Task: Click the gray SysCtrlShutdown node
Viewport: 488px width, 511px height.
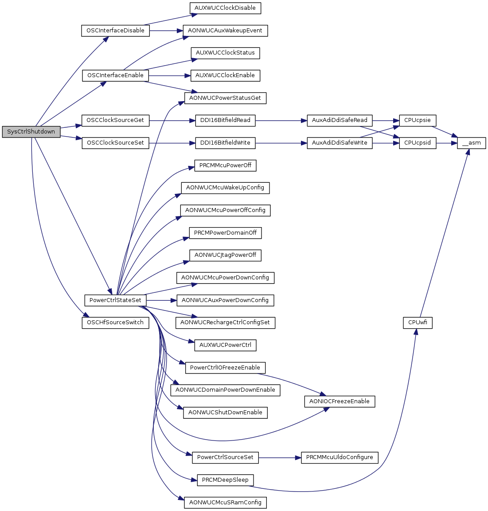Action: click(31, 132)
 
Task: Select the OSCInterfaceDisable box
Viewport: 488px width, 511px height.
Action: click(115, 31)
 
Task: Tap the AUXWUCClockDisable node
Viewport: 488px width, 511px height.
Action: click(225, 8)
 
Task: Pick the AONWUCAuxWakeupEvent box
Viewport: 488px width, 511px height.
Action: click(225, 31)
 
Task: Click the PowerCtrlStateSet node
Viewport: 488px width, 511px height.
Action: click(115, 300)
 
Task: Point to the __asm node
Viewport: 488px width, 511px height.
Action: click(472, 143)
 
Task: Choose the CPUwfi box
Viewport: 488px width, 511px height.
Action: click(418, 322)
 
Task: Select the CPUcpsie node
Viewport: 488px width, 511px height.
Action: click(418, 120)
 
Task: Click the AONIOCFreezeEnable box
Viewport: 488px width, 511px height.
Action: click(340, 401)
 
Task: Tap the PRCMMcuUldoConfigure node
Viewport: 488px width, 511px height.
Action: click(340, 458)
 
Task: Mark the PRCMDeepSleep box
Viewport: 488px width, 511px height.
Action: click(225, 480)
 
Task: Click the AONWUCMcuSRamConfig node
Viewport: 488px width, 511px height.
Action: click(225, 503)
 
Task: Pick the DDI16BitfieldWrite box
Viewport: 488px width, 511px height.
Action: click(225, 143)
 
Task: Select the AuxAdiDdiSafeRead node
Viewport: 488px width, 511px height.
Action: click(340, 120)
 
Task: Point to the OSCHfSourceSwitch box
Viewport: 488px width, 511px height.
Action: click(115, 322)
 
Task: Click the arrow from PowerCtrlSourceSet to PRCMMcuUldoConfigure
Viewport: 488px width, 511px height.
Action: click(280, 458)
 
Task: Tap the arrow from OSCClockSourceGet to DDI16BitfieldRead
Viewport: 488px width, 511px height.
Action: click(172, 120)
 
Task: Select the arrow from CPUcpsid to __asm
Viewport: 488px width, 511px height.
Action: click(447, 143)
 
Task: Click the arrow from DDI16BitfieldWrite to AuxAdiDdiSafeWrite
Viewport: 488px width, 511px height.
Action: click(281, 143)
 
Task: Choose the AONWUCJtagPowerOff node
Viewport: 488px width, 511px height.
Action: click(225, 255)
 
